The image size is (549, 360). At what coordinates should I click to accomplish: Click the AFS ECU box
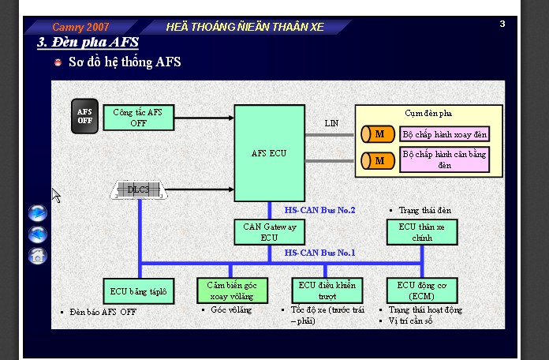click(269, 153)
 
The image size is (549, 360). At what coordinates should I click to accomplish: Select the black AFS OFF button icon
click(84, 116)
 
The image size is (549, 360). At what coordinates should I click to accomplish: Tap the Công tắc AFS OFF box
click(139, 118)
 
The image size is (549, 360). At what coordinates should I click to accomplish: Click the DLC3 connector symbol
click(139, 190)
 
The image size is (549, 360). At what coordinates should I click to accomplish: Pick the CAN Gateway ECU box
click(269, 232)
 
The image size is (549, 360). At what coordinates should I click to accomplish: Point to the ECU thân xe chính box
click(422, 232)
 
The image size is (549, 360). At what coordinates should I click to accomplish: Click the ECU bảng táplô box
click(139, 291)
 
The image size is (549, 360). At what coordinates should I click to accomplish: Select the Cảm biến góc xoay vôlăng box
click(232, 291)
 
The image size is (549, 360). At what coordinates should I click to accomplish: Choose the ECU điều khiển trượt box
click(327, 291)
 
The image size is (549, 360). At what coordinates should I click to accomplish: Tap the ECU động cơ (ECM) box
click(422, 291)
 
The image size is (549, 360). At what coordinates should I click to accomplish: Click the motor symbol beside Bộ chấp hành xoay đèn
click(378, 134)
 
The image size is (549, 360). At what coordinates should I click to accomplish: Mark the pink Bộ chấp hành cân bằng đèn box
click(444, 159)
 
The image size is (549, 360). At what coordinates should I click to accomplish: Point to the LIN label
click(331, 123)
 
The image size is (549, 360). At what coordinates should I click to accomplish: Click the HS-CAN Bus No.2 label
click(319, 210)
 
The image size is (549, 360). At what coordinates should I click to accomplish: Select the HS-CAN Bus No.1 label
click(319, 253)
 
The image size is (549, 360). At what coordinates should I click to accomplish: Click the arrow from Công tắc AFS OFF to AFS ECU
click(204, 118)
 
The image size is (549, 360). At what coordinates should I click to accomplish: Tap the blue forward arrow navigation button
click(37, 213)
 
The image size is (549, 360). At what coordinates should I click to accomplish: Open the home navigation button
click(37, 256)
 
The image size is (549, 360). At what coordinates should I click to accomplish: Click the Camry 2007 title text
click(80, 27)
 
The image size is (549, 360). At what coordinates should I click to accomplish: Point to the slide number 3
click(502, 24)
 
